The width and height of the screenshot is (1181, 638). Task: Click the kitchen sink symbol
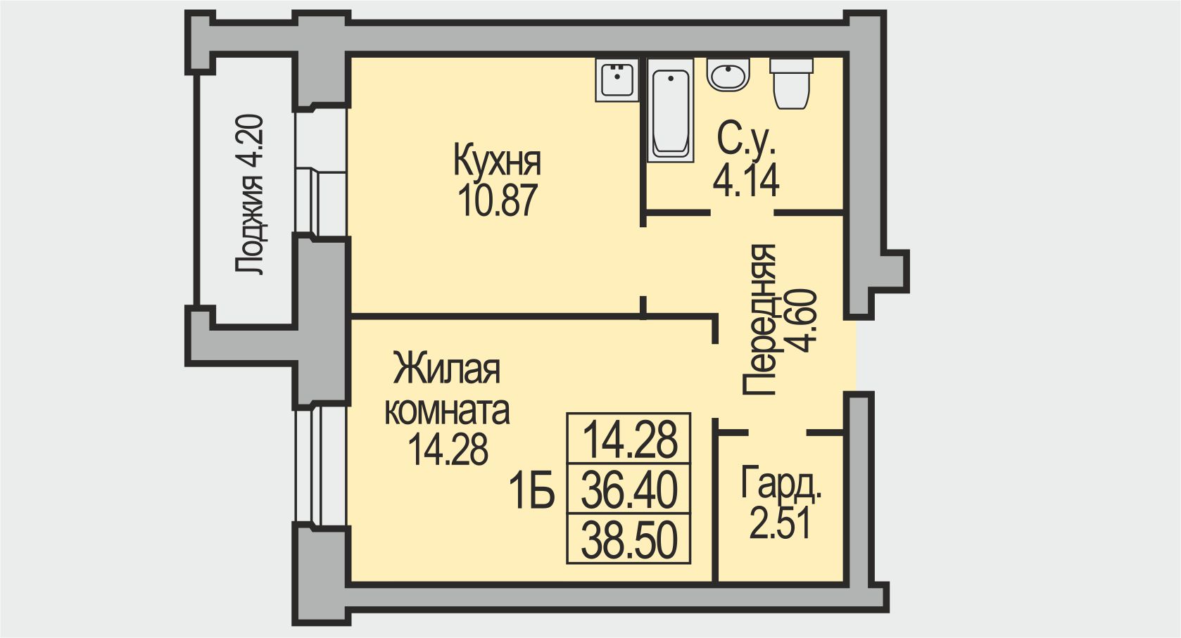click(x=617, y=79)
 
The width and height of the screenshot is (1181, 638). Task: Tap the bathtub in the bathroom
click(x=670, y=113)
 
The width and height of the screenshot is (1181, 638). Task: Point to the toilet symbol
click(x=792, y=84)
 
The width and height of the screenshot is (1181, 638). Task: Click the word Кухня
click(x=497, y=160)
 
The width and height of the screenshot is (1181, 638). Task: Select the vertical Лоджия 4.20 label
click(x=250, y=195)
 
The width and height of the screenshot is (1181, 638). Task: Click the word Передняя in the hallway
click(x=760, y=320)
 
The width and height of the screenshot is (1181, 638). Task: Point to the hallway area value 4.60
click(x=802, y=320)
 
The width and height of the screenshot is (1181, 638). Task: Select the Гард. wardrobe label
click(x=781, y=485)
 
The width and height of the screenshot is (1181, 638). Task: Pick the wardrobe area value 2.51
click(x=780, y=523)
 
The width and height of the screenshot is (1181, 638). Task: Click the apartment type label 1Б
click(x=532, y=490)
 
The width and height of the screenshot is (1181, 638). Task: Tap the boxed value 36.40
click(x=629, y=490)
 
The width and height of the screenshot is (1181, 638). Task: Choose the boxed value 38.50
click(x=629, y=540)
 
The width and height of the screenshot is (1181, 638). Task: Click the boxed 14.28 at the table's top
click(x=629, y=439)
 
